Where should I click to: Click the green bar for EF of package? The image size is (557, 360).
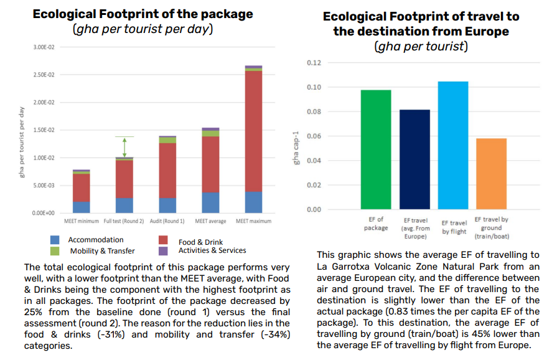[x=376, y=149]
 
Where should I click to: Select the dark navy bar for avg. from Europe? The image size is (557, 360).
[x=414, y=159]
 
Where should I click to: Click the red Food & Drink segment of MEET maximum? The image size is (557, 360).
[x=253, y=131]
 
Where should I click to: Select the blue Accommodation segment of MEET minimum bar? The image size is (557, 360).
[x=82, y=207]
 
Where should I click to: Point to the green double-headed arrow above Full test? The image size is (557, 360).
[x=124, y=147]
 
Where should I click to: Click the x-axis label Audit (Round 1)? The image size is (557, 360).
[x=167, y=221]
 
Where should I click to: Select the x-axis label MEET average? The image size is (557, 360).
[x=210, y=221]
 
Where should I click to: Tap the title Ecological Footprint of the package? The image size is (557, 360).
[x=143, y=14]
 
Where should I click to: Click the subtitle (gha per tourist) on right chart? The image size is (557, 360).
[x=421, y=46]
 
